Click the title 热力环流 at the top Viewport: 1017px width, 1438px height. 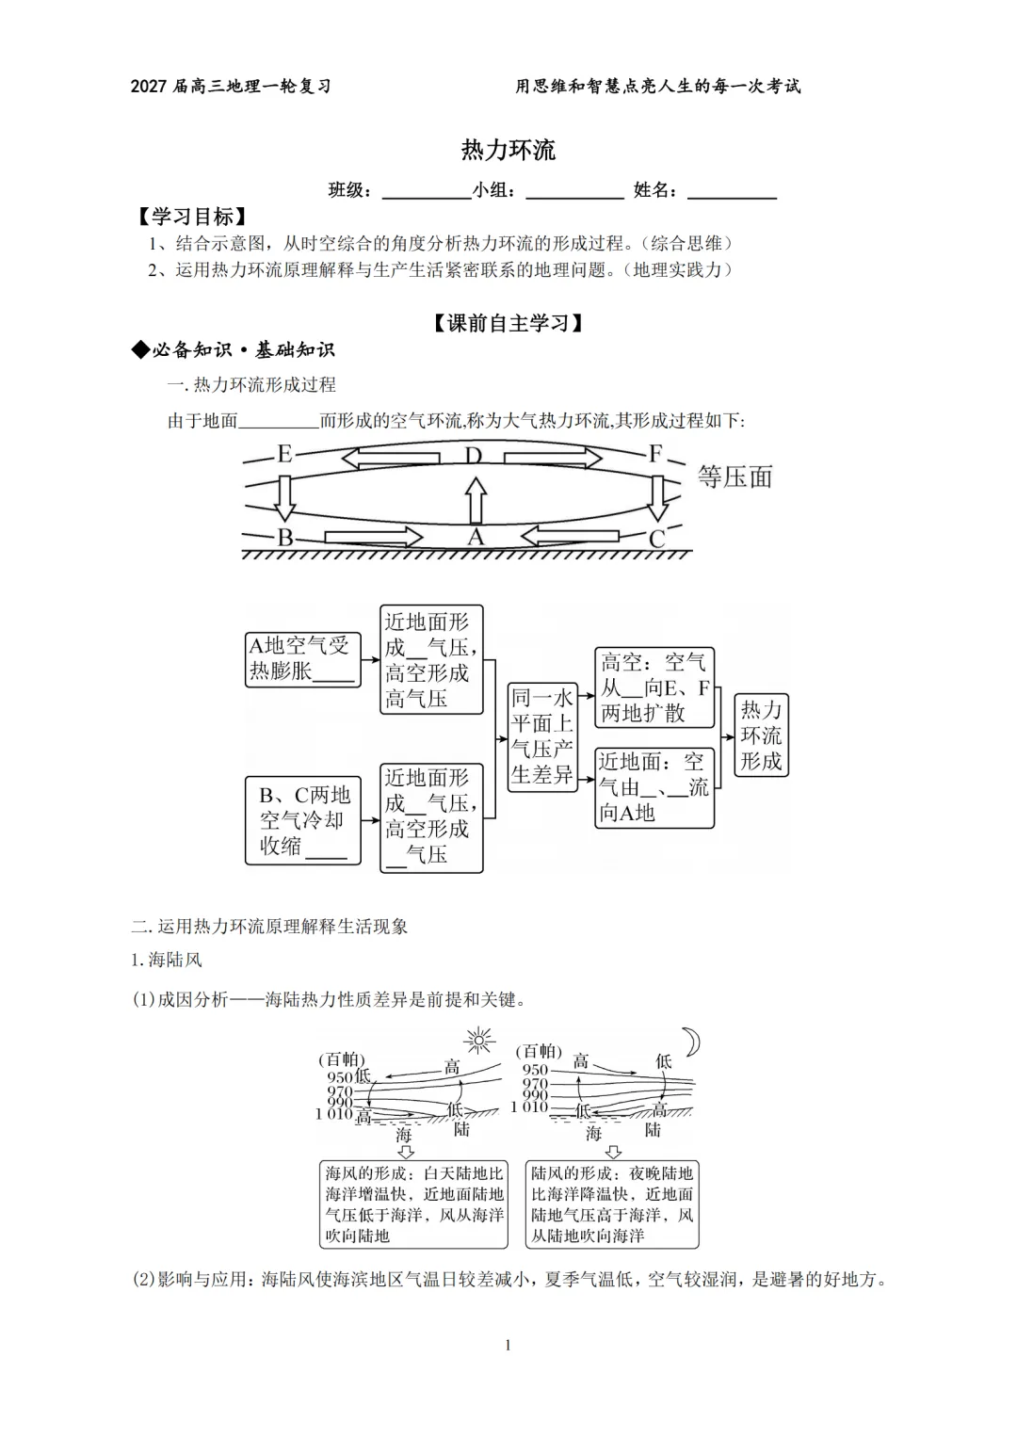coord(508,150)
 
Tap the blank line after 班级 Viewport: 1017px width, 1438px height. coord(427,199)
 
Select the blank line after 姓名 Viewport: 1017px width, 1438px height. coord(732,199)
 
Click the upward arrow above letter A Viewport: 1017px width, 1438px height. coord(476,501)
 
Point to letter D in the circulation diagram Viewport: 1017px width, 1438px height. coord(473,455)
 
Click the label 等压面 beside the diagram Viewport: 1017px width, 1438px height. coord(734,477)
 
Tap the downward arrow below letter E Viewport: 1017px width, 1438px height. coord(284,497)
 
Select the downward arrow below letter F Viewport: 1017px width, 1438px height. coord(657,497)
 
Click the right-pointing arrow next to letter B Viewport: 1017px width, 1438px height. coord(373,537)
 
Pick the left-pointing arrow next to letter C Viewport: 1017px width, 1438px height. coord(570,536)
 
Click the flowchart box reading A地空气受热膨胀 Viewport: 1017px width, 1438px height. coord(303,659)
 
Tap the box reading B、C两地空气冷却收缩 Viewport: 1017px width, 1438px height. coord(303,820)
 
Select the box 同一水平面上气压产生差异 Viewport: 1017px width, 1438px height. coord(542,737)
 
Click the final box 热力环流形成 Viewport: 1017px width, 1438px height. coord(762,735)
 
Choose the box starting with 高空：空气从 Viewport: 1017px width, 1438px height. coord(654,687)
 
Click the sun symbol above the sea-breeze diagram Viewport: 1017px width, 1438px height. coord(479,1040)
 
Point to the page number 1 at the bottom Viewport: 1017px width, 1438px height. coord(508,1345)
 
